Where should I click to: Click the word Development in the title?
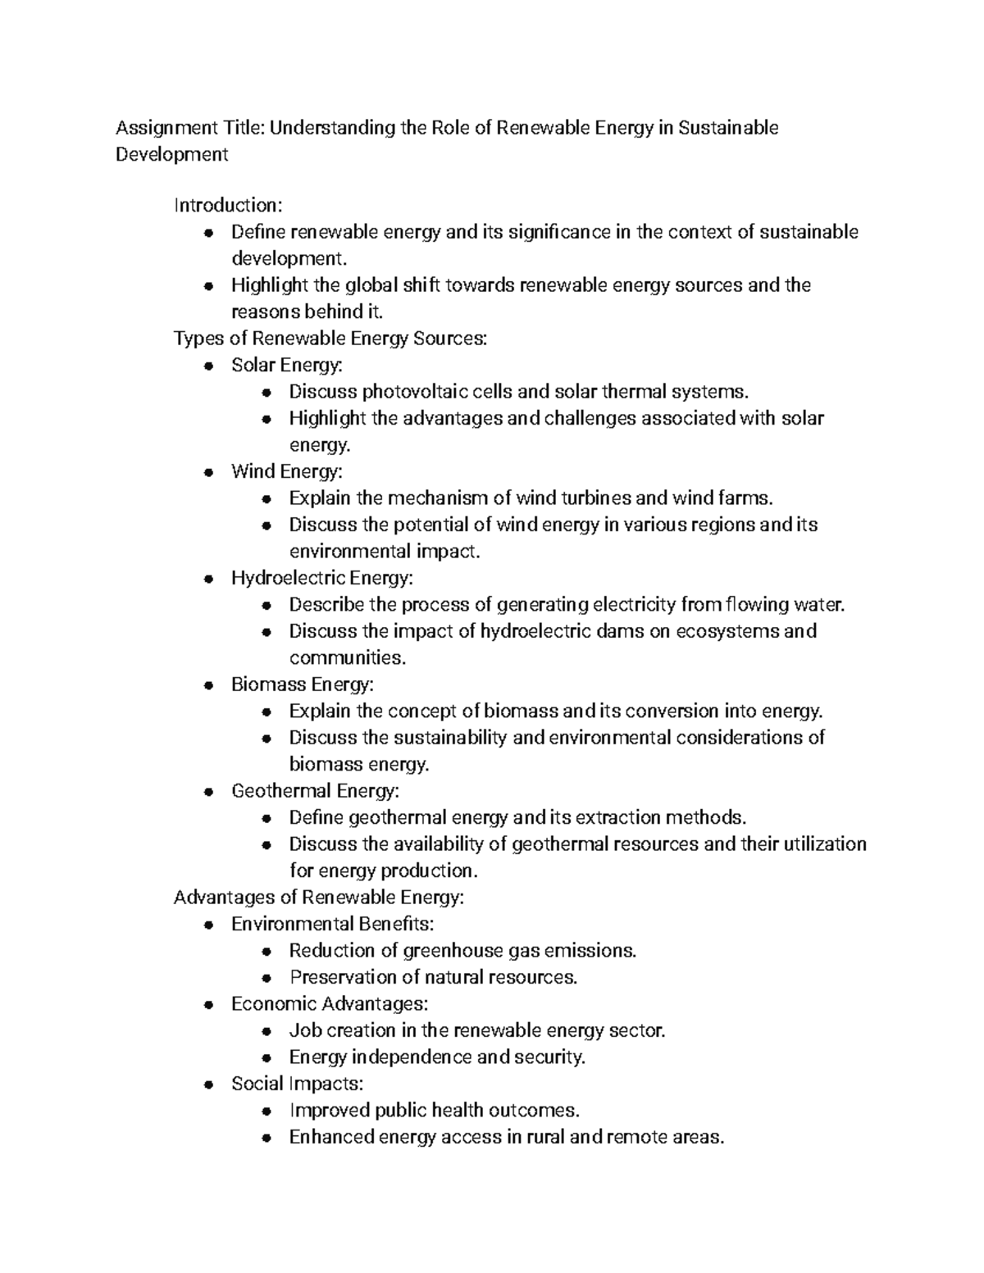tap(171, 154)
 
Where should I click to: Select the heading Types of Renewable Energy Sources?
tap(330, 339)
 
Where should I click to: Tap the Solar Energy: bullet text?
tap(287, 365)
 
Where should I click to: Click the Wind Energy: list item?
tap(286, 471)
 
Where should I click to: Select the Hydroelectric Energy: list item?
tap(321, 578)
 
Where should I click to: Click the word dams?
tap(621, 631)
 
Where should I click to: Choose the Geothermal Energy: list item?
tap(315, 791)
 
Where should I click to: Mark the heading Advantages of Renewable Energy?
tap(318, 898)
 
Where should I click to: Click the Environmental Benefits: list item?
tap(332, 924)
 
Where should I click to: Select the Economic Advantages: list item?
tap(329, 1004)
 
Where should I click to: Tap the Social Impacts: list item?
tap(297, 1084)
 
